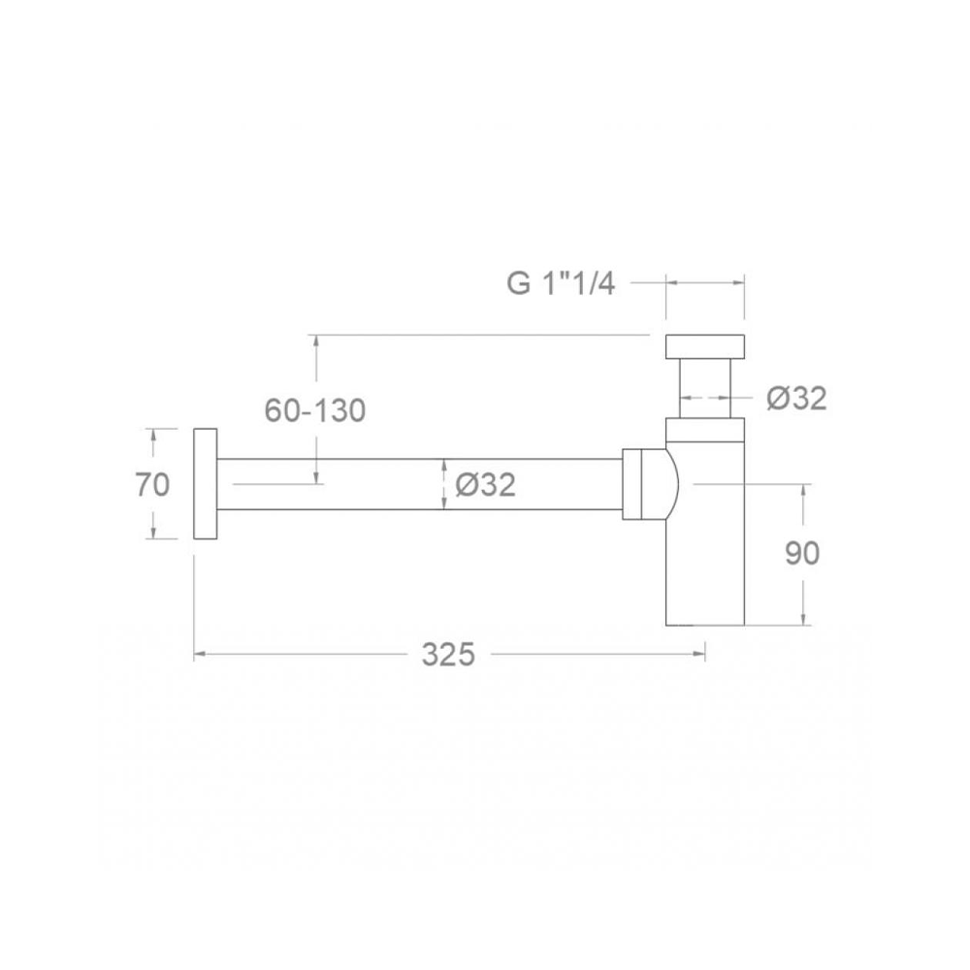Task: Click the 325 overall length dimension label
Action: (x=448, y=654)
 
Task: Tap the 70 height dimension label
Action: (x=152, y=484)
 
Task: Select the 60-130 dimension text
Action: (x=315, y=409)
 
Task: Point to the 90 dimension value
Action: (x=802, y=553)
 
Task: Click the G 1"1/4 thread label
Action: (x=561, y=284)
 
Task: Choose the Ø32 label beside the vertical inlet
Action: (x=796, y=398)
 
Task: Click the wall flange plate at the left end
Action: (x=205, y=484)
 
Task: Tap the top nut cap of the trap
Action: (x=704, y=346)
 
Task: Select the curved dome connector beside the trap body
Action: (x=670, y=484)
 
